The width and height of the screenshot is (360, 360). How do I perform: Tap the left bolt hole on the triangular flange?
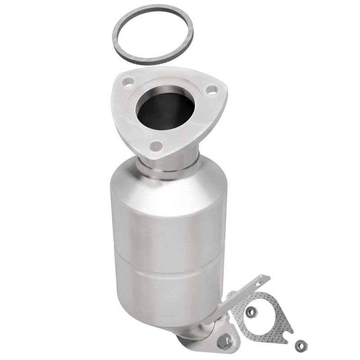point(128,82)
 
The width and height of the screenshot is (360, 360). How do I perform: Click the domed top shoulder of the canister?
point(166,178)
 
